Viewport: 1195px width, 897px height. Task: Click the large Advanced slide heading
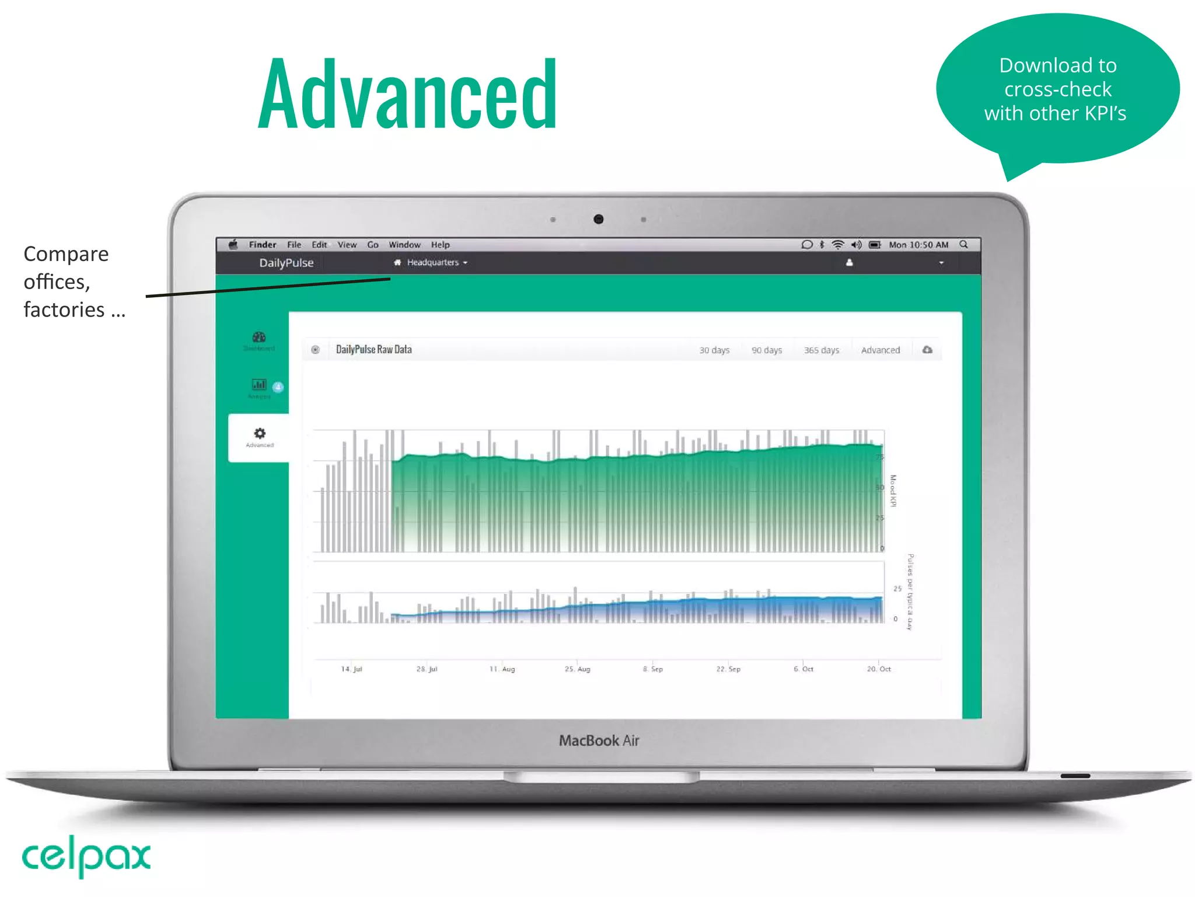(x=407, y=93)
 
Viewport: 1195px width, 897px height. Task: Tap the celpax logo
(x=86, y=856)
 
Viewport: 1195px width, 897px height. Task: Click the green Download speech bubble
(x=1057, y=89)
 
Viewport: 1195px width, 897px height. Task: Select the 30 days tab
(x=714, y=350)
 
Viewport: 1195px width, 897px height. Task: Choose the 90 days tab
(x=767, y=350)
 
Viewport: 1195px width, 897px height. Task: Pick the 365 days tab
(x=822, y=350)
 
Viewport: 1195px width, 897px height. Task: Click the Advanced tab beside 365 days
(x=880, y=350)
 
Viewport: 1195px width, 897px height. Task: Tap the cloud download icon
(x=927, y=350)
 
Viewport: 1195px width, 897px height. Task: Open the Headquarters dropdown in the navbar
(x=432, y=263)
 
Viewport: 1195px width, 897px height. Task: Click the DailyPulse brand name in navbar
(x=286, y=263)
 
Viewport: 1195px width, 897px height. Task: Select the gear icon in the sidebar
(x=260, y=433)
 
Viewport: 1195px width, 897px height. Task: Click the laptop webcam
(x=598, y=219)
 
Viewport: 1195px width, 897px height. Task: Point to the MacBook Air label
(x=599, y=740)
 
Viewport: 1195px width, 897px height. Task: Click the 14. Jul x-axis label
(x=352, y=669)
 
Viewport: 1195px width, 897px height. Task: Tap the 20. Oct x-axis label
(x=879, y=669)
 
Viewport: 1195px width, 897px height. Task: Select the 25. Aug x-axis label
(x=578, y=669)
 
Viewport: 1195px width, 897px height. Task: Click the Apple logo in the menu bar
(x=233, y=245)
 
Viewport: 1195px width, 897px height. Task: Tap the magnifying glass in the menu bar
(x=963, y=245)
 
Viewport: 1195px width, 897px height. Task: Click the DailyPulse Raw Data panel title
(x=374, y=350)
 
